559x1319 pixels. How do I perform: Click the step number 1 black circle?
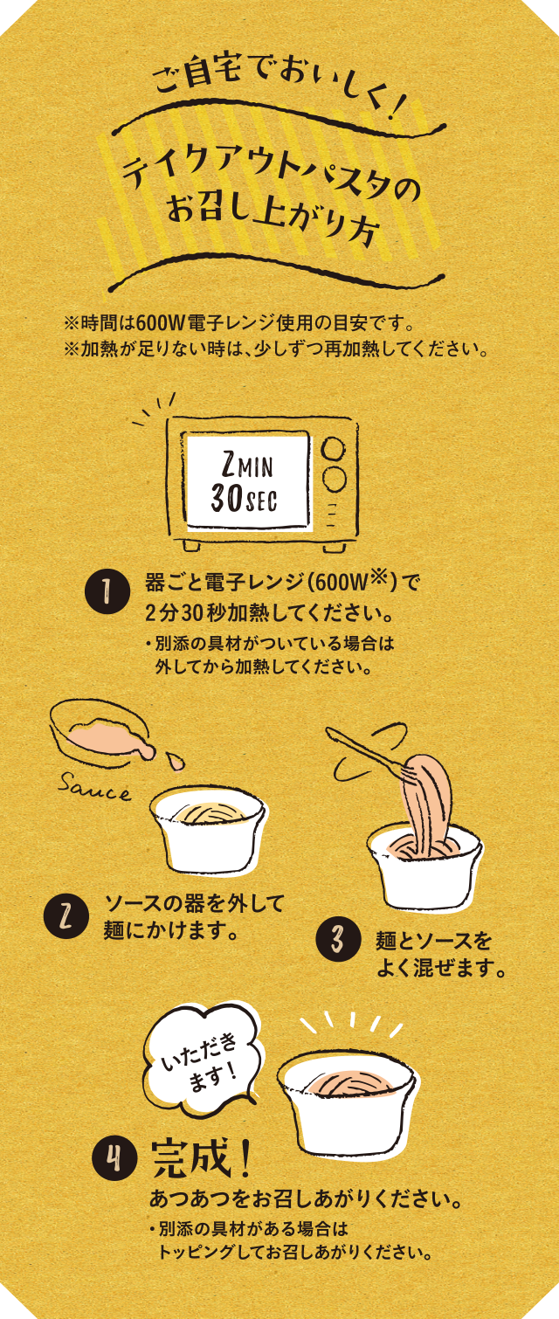tap(105, 594)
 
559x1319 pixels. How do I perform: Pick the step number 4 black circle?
tap(114, 1159)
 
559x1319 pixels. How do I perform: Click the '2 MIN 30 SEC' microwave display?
tap(247, 480)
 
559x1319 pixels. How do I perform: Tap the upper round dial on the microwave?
tap(333, 448)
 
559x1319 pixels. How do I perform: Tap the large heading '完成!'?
tap(202, 1158)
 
